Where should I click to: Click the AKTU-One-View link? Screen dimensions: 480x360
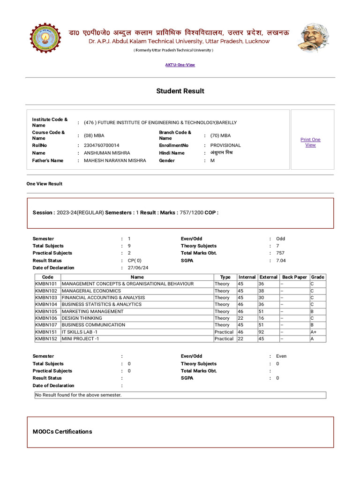tap(180, 65)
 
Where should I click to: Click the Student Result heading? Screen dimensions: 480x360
tap(180, 91)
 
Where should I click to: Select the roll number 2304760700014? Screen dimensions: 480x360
tap(102, 145)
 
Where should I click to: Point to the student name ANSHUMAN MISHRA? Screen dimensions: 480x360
tap(107, 153)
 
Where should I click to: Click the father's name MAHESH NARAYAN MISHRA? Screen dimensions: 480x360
tap(115, 160)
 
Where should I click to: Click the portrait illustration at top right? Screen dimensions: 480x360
tap(313, 38)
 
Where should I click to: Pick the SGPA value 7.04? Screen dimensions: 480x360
tap(281, 260)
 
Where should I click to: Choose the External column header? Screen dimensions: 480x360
tap(269, 277)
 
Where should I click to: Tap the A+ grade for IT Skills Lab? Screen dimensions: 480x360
tap(314, 331)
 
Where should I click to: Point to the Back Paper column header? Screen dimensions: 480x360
tap(294, 277)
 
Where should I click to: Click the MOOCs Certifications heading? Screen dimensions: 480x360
tap(62, 431)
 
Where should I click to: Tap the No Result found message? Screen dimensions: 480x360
tap(79, 395)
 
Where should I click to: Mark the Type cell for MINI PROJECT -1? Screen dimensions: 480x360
tap(224, 338)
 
